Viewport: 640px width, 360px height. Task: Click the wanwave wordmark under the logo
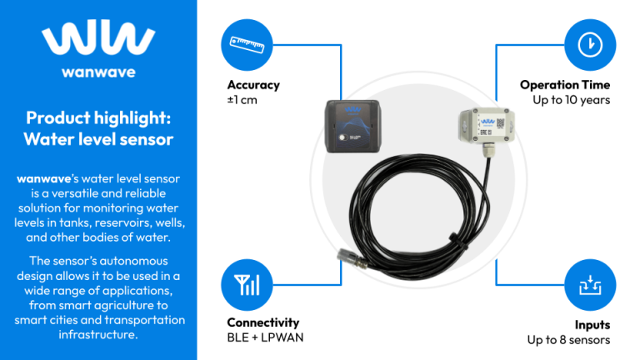click(97, 72)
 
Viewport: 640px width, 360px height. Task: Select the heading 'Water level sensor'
click(98, 138)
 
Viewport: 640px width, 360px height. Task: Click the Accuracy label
click(253, 85)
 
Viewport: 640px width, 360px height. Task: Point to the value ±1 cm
click(242, 100)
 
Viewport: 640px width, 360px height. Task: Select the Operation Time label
click(565, 85)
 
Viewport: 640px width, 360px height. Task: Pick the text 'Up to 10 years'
click(572, 100)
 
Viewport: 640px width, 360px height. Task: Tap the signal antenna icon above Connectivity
click(247, 286)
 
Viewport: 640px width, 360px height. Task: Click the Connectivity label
click(262, 322)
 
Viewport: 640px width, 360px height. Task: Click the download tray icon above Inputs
click(590, 286)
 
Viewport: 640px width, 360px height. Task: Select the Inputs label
click(592, 324)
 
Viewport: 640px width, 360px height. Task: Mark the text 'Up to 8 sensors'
click(568, 339)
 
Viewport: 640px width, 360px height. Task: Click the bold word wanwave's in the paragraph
click(46, 179)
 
